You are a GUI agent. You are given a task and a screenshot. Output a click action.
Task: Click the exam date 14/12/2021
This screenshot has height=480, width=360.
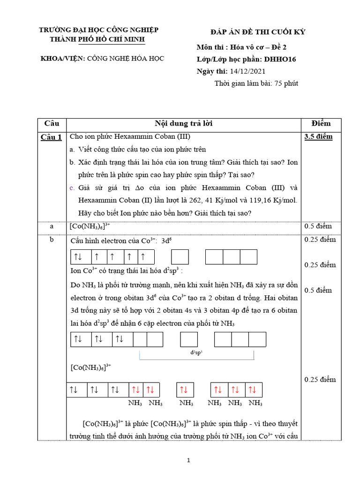tap(247, 71)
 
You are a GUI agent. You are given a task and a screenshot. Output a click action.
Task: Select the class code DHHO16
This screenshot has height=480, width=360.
tap(279, 59)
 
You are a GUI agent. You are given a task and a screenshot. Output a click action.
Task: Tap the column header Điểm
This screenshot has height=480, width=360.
tap(321, 124)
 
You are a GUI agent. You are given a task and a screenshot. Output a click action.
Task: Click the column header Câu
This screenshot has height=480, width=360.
tap(52, 124)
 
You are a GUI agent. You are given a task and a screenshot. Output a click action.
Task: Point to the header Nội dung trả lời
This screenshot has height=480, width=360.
tap(184, 124)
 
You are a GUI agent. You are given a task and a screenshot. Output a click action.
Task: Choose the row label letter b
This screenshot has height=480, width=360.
tap(52, 240)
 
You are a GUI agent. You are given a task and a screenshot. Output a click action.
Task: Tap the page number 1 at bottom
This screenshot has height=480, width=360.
tap(188, 461)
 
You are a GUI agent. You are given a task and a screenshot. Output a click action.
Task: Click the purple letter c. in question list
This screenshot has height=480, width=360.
tap(72, 188)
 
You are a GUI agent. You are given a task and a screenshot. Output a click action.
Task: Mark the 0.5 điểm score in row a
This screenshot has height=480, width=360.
tap(318, 226)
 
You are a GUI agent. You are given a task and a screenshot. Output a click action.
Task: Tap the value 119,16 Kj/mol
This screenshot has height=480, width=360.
tap(270, 201)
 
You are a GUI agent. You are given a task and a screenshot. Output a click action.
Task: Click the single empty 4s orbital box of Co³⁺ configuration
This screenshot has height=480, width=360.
tap(180, 257)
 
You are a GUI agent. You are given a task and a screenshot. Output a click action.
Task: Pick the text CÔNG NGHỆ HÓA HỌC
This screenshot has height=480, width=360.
tap(127, 59)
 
